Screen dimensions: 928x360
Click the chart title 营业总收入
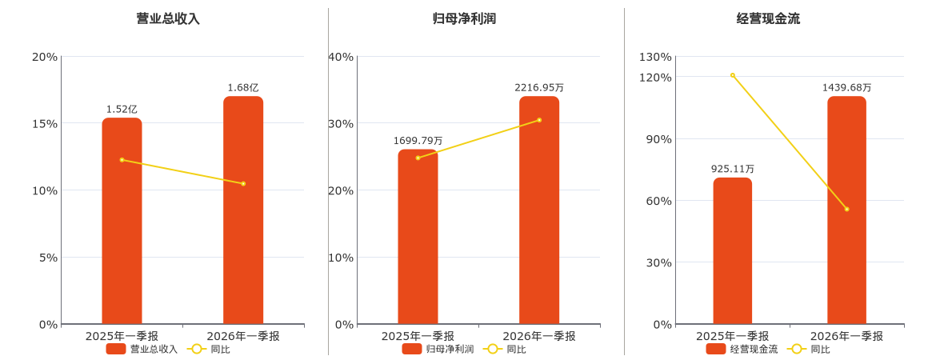(x=168, y=19)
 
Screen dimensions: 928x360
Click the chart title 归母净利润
(x=464, y=19)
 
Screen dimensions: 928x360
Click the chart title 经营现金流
(x=768, y=19)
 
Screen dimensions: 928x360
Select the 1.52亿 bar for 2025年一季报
(x=122, y=221)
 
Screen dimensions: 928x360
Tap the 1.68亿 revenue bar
(x=243, y=210)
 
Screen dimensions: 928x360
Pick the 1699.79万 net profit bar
(x=418, y=237)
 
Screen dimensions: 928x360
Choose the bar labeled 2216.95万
(x=539, y=210)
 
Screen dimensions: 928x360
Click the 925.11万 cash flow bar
(x=733, y=251)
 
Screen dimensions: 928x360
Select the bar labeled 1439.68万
(x=847, y=210)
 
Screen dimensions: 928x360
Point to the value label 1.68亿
(x=243, y=88)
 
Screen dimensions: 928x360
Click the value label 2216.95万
(x=539, y=88)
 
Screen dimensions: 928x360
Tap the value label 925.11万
(x=733, y=169)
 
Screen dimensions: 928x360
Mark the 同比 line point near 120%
(x=733, y=75)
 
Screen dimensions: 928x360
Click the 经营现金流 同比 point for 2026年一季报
(x=847, y=209)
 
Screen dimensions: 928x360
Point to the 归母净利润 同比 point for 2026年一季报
(x=539, y=120)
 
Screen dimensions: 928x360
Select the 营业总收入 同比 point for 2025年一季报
(x=122, y=160)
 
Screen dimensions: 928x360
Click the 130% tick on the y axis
(x=655, y=57)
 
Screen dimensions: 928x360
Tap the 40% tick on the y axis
(x=340, y=57)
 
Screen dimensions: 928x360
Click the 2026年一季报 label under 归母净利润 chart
(x=539, y=336)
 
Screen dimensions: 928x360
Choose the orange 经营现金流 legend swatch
(x=715, y=349)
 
